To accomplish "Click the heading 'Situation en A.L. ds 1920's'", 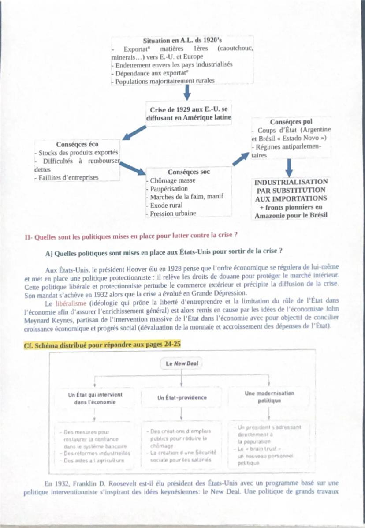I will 182,41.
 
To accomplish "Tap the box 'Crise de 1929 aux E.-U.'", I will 188,113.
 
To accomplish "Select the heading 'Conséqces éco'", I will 78,144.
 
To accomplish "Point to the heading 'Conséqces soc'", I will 189,172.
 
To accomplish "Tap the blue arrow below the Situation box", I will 187,92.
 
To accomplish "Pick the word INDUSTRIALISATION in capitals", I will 291,182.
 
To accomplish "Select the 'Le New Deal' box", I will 182,364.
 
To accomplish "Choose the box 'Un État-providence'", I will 182,397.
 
